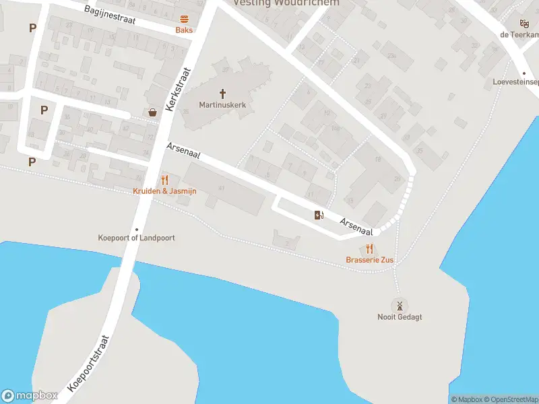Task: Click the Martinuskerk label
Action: [222, 104]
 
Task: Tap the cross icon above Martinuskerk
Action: [222, 93]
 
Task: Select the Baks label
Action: [184, 30]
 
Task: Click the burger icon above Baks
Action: [184, 19]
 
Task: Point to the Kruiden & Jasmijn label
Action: [164, 191]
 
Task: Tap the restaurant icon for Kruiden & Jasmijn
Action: [164, 180]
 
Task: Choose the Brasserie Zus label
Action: [370, 260]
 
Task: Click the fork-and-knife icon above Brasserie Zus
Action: [370, 248]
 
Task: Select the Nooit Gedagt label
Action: [400, 317]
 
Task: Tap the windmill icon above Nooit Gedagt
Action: [400, 305]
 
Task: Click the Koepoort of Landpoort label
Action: [137, 238]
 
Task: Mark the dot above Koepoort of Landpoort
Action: [137, 229]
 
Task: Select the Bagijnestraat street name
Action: [110, 15]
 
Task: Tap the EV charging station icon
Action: [319, 215]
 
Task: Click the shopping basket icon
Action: [153, 112]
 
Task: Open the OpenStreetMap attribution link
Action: [509, 400]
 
